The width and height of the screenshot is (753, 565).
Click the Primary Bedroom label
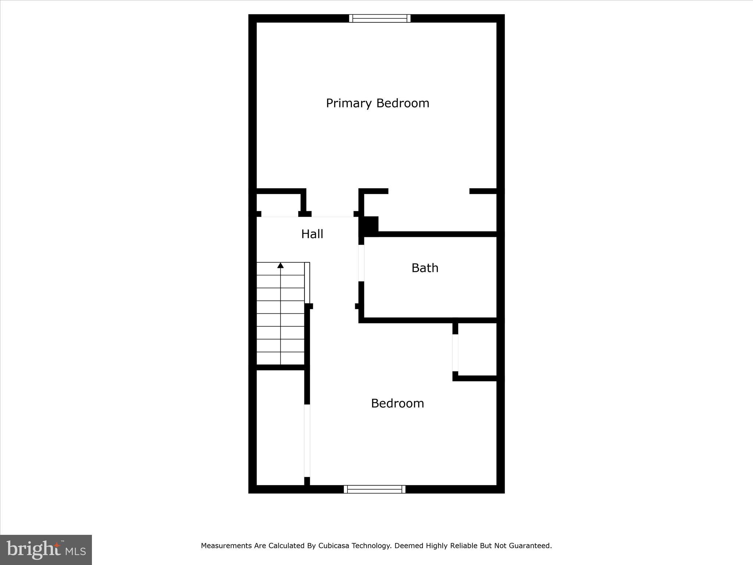[378, 103]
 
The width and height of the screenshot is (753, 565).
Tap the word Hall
[312, 234]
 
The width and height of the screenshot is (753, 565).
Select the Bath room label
[425, 268]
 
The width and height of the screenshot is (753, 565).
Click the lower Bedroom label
[397, 404]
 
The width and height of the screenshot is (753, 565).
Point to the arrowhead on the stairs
[281, 265]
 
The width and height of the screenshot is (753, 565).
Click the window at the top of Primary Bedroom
[379, 18]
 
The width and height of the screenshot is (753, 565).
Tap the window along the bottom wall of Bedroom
[374, 489]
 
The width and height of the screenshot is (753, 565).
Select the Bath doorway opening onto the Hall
[361, 263]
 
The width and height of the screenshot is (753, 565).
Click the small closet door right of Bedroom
[455, 353]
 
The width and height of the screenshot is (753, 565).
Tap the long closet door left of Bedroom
[307, 441]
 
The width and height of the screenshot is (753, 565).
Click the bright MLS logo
[46, 550]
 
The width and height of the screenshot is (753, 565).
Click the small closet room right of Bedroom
[477, 349]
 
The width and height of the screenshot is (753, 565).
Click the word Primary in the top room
[349, 103]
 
